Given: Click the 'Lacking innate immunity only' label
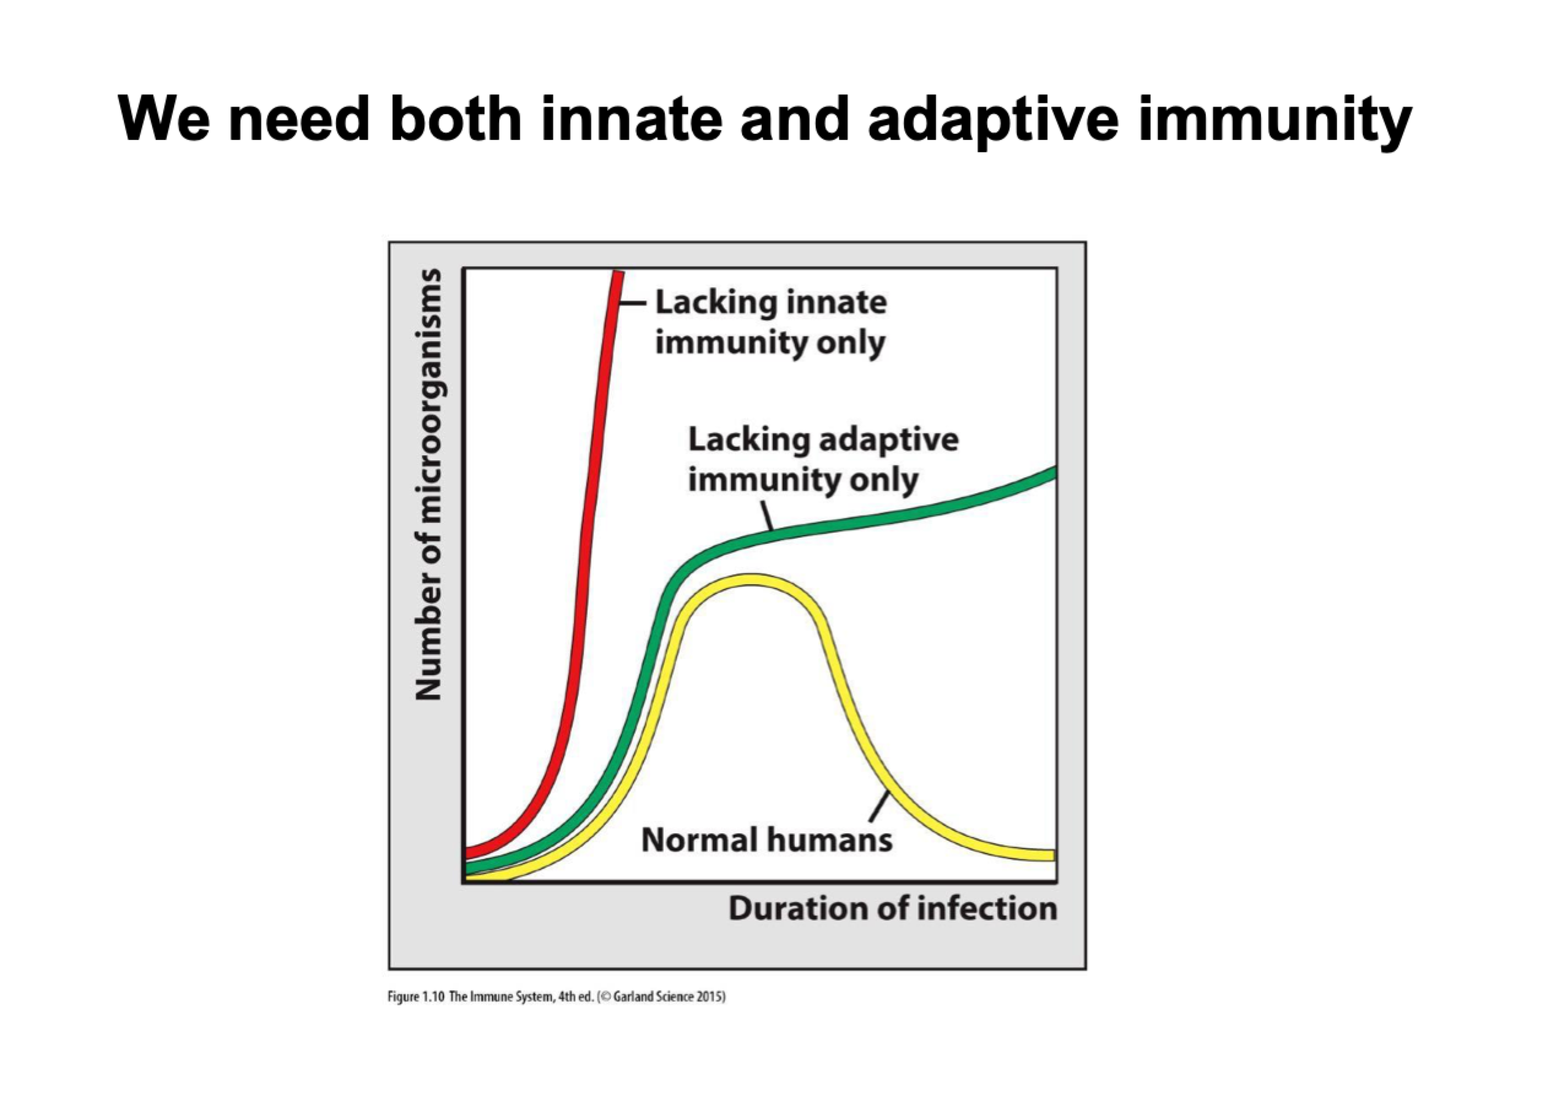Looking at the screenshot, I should [770, 323].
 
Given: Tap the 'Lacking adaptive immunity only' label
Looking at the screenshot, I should [823, 460].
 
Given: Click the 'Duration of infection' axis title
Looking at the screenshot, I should [892, 909].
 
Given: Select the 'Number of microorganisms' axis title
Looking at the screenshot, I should [429, 485].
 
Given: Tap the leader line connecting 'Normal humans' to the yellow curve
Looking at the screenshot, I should [879, 807].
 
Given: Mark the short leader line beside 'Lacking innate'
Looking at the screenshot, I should [634, 303].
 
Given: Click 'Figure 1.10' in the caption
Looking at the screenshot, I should [415, 997].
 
